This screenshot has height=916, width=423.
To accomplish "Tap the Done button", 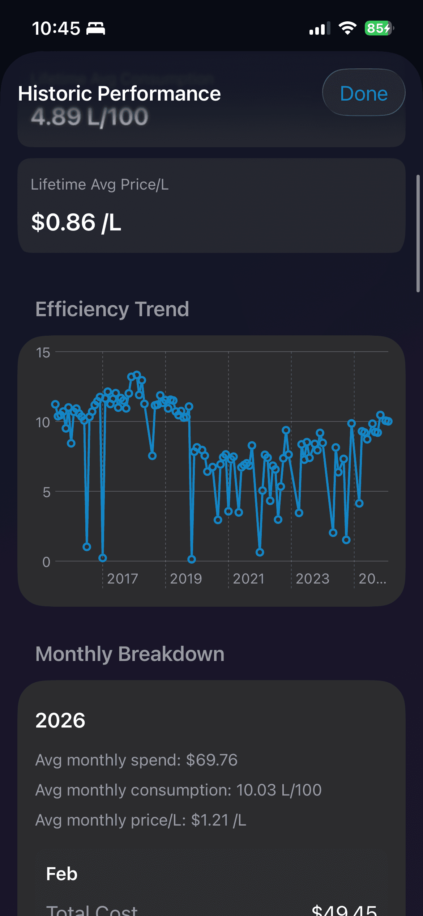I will click(x=364, y=93).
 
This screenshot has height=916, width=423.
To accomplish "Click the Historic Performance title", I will click(x=119, y=93).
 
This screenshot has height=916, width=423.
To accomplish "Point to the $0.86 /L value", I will click(x=76, y=222).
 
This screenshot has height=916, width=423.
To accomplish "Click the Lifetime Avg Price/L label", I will click(x=100, y=185).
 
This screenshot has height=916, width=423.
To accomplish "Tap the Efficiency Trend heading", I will click(x=112, y=309).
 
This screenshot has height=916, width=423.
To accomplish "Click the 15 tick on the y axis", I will click(x=43, y=353).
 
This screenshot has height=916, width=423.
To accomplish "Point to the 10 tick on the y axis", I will click(x=43, y=422).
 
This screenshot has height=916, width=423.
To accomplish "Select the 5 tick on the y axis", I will click(x=46, y=492).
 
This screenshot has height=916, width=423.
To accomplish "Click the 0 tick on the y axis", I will click(x=46, y=562).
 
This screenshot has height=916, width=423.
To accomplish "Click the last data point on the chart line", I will click(x=389, y=421).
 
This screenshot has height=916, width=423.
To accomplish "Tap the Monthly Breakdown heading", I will click(x=130, y=654).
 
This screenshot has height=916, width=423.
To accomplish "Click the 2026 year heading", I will click(x=60, y=720).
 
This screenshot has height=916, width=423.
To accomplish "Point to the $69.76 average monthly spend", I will click(x=212, y=760).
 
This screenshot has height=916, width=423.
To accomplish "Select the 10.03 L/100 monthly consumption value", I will click(x=279, y=790).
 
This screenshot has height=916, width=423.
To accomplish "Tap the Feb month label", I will click(x=62, y=874).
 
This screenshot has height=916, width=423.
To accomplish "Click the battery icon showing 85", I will click(x=378, y=28).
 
